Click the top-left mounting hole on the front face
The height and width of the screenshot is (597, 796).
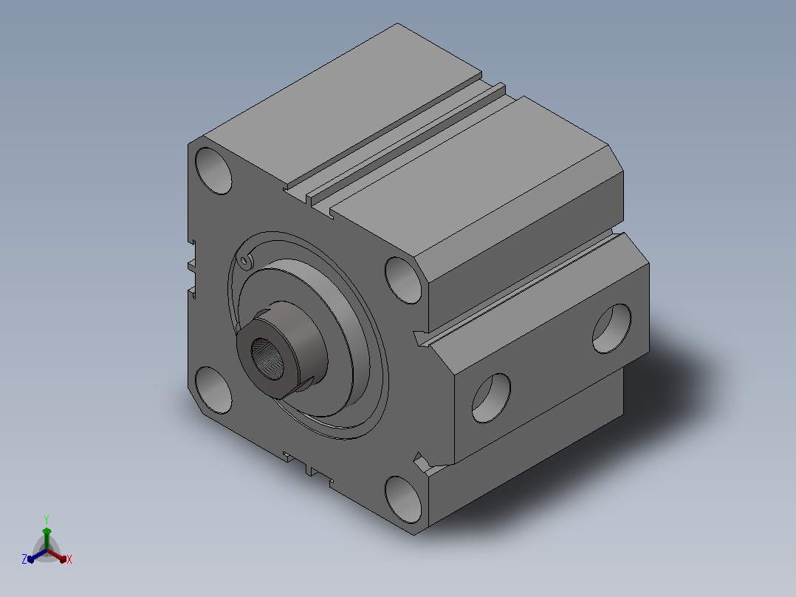point(213,171)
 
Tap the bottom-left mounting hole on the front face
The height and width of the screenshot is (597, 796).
point(213,390)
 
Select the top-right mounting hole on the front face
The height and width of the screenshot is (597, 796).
point(403,281)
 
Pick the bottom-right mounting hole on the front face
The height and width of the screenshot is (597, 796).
point(403,499)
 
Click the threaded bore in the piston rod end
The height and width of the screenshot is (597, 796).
point(269,358)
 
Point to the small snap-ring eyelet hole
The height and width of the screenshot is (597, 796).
point(245,261)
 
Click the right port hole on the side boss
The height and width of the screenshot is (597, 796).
point(611,329)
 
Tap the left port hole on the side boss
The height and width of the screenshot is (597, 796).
point(492,398)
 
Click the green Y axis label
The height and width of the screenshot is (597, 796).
point(47,519)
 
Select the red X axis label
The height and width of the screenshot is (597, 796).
point(69,559)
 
